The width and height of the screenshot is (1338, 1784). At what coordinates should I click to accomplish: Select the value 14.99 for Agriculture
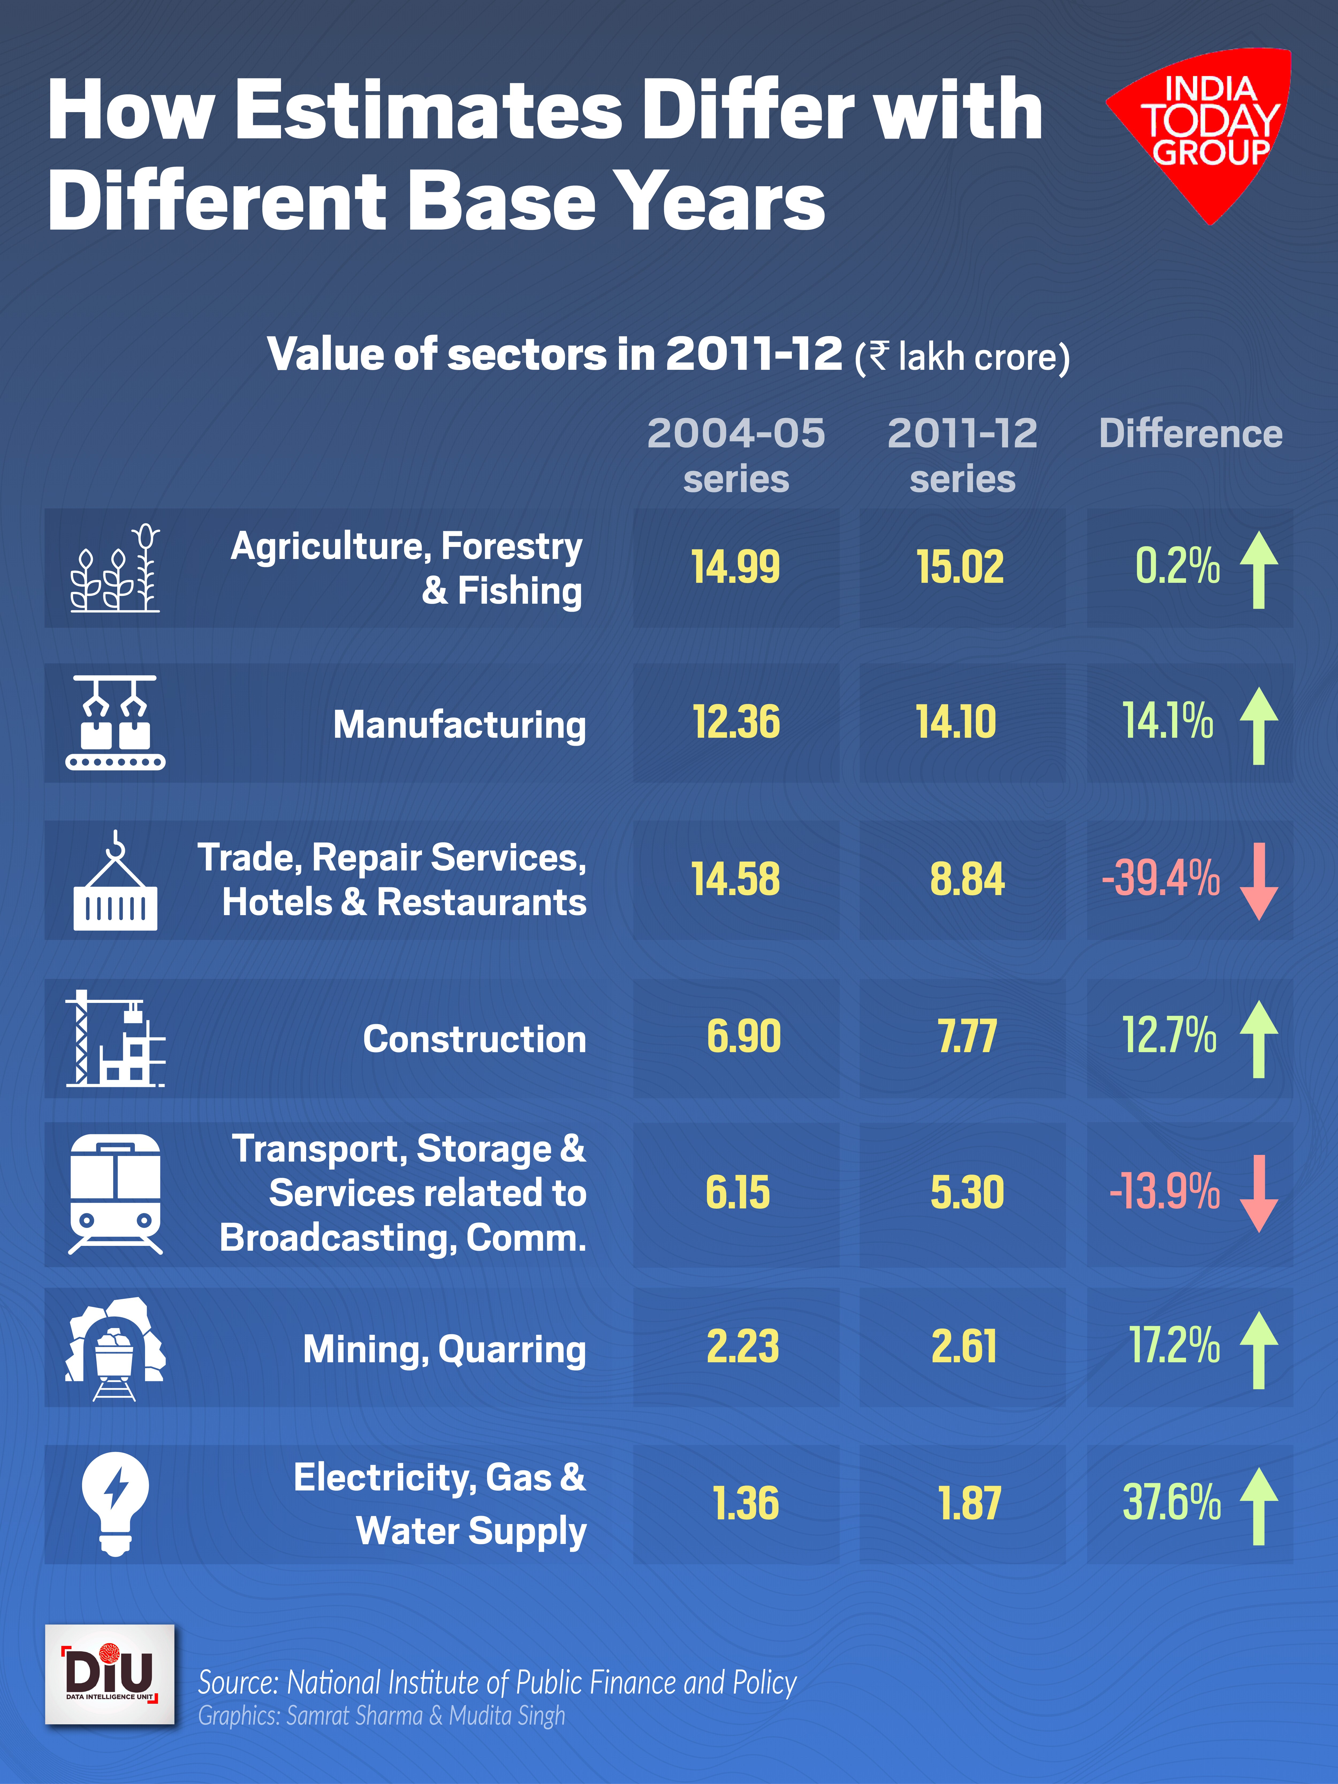click(736, 567)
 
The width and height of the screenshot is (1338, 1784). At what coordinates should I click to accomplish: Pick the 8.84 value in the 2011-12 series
click(967, 879)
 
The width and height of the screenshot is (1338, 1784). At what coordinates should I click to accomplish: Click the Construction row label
click(474, 1039)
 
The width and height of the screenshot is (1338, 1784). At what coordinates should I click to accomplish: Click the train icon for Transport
click(115, 1194)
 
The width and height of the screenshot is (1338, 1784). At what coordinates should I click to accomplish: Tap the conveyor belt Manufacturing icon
click(115, 723)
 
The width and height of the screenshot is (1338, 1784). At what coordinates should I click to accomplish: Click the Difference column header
click(1190, 434)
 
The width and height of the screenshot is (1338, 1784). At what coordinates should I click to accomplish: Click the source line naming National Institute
click(497, 1683)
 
